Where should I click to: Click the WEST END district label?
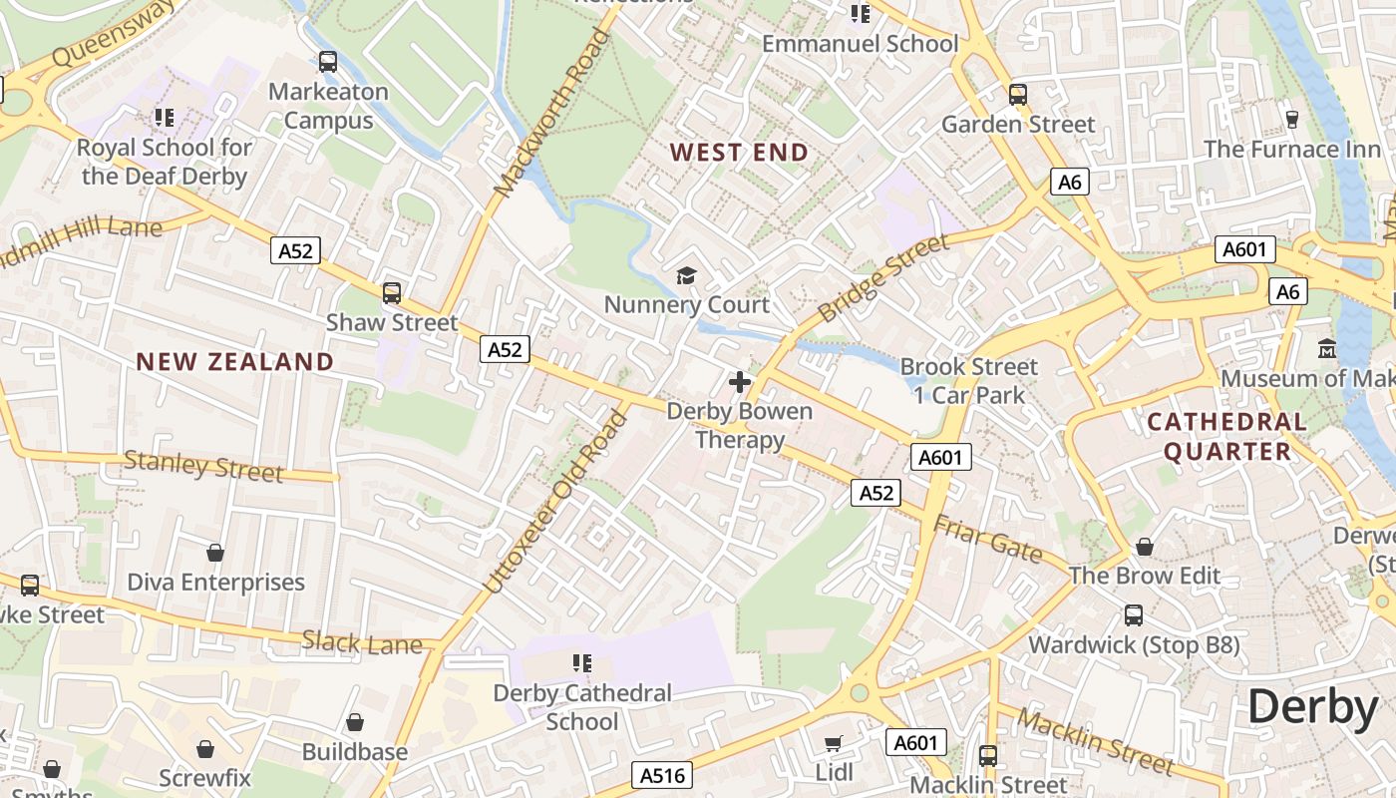tap(738, 153)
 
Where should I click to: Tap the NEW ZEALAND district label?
tap(234, 361)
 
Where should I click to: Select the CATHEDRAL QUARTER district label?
tap(1226, 436)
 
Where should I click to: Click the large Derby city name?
tap(1312, 707)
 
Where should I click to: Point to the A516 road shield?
tap(660, 775)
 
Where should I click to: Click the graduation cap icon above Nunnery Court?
tap(686, 275)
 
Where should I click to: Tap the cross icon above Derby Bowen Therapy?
tap(740, 382)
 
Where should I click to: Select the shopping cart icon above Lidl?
tap(834, 743)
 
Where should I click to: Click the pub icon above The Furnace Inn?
tap(1292, 120)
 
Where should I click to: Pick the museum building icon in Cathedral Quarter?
tap(1327, 349)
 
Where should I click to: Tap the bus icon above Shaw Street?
tap(392, 293)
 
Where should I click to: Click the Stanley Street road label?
tap(203, 466)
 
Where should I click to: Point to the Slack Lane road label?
tap(362, 643)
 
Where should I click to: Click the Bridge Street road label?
tap(883, 279)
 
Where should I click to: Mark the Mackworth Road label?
tap(551, 113)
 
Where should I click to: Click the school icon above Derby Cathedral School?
tap(582, 662)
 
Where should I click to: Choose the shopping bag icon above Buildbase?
tap(355, 722)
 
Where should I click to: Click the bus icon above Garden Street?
tap(1017, 95)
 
